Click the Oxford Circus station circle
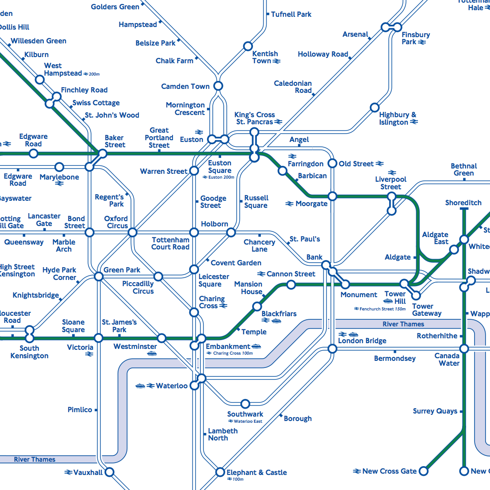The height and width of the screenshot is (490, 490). pyautogui.click(x=132, y=232)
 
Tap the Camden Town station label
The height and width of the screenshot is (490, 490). pyautogui.click(x=185, y=86)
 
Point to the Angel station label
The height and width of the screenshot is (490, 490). pyautogui.click(x=299, y=140)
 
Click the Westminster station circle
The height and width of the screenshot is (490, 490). pyautogui.click(x=162, y=338)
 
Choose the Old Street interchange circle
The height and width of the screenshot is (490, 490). pyautogui.click(x=332, y=164)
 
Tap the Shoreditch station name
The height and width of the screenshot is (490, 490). pyautogui.click(x=463, y=203)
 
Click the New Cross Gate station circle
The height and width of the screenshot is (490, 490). pyautogui.click(x=423, y=471)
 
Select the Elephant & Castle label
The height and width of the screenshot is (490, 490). pyautogui.click(x=256, y=472)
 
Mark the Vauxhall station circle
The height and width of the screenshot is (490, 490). pyautogui.click(x=109, y=472)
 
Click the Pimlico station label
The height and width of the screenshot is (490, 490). pyautogui.click(x=80, y=410)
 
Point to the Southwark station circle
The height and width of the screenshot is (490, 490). pyautogui.click(x=245, y=404)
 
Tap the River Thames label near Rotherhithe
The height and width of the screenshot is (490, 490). pyautogui.click(x=403, y=324)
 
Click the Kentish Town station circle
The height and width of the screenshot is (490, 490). pyautogui.click(x=248, y=46)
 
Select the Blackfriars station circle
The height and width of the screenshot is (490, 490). pyautogui.click(x=257, y=306)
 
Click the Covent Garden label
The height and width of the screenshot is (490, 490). pyautogui.click(x=236, y=263)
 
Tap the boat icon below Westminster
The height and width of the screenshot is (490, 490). pyautogui.click(x=152, y=353)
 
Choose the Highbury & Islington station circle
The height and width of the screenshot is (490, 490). pyautogui.click(x=375, y=107)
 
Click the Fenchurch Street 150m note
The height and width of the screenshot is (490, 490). pyautogui.click(x=380, y=309)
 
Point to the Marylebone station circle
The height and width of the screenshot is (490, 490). pyautogui.click(x=59, y=167)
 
